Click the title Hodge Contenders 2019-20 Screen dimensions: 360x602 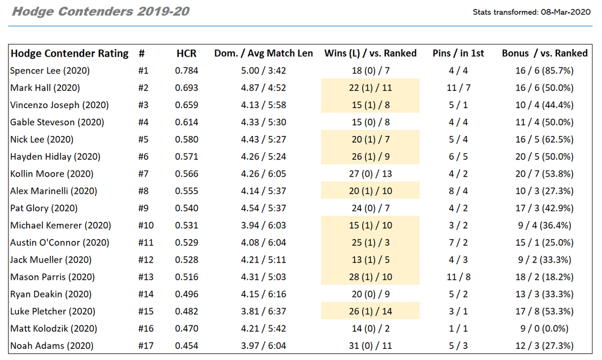click(x=100, y=12)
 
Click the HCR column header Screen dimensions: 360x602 click(x=186, y=53)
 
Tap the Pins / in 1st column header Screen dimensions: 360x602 click(x=458, y=53)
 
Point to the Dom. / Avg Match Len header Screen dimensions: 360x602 click(x=264, y=53)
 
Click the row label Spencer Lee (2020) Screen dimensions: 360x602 click(x=50, y=71)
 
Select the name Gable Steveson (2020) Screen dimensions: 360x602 click(x=57, y=122)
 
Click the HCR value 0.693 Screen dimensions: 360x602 click(x=186, y=88)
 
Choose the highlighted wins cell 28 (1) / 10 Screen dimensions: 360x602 click(x=370, y=277)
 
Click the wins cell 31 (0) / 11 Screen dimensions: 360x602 click(x=370, y=346)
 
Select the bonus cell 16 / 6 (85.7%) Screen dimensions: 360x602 click(x=544, y=71)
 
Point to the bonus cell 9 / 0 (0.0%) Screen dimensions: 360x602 click(x=544, y=329)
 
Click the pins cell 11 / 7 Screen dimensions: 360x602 click(x=458, y=88)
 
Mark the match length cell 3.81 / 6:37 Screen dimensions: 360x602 click(x=264, y=312)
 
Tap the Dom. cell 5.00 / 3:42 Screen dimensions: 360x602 click(x=264, y=71)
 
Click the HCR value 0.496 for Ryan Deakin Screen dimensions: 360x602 click(x=186, y=294)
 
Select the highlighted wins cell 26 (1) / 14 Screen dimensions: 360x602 click(x=370, y=312)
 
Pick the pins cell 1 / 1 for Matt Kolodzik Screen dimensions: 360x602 click(x=458, y=329)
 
